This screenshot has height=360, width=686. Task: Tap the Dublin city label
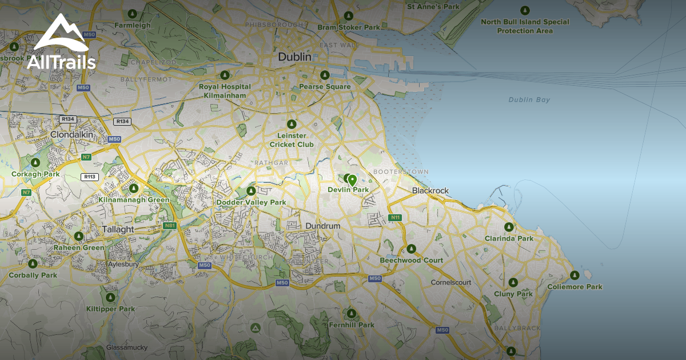(x=294, y=57)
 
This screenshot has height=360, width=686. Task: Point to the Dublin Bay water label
(x=529, y=100)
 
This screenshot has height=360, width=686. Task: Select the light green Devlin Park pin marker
(x=352, y=180)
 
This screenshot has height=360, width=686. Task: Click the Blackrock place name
(x=430, y=190)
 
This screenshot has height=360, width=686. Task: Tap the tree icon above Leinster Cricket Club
(x=292, y=124)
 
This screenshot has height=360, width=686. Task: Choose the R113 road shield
(x=89, y=177)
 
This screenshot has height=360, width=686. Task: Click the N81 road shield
(x=170, y=226)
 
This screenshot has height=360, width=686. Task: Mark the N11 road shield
(x=394, y=218)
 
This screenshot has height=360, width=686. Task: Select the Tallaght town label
(x=117, y=229)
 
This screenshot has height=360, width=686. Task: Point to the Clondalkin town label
(x=72, y=134)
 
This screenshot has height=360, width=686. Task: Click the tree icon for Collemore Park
(x=575, y=276)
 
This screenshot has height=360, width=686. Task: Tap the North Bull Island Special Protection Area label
(x=525, y=26)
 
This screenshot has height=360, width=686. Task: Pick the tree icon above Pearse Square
(x=325, y=75)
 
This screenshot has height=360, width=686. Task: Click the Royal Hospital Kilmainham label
(x=225, y=91)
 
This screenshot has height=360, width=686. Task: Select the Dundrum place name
(x=322, y=226)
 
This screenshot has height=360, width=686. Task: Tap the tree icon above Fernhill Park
(x=351, y=314)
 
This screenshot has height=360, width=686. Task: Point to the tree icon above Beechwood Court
(x=411, y=249)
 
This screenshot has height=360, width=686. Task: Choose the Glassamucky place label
(x=127, y=347)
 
